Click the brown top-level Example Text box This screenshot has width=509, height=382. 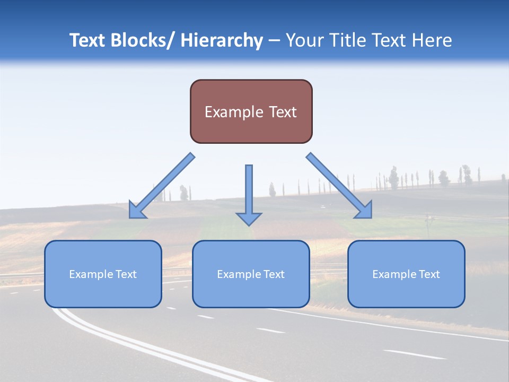click(251, 111)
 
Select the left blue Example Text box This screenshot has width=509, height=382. click(103, 274)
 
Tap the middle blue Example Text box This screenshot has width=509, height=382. click(251, 274)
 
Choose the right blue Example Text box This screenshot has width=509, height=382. click(406, 274)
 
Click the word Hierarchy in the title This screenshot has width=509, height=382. click(222, 40)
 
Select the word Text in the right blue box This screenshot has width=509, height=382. click(429, 274)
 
